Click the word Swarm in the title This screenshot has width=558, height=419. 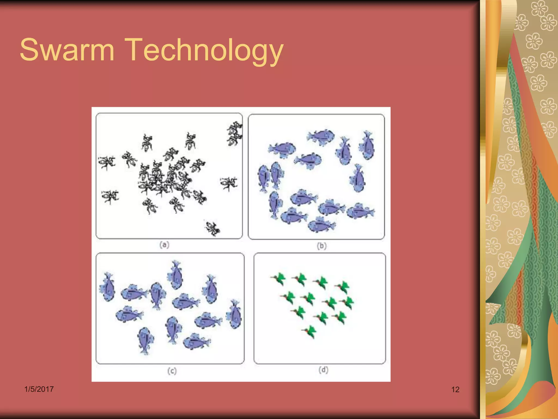pyautogui.click(x=67, y=50)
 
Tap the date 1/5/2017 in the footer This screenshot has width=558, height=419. pyautogui.click(x=39, y=389)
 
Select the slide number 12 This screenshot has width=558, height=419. pyautogui.click(x=455, y=390)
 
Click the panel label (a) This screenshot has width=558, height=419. pyautogui.click(x=164, y=245)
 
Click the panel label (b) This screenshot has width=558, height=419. pyautogui.click(x=322, y=246)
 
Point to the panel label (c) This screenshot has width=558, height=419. pyautogui.click(x=172, y=371)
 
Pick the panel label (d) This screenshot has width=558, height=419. pyautogui.click(x=323, y=370)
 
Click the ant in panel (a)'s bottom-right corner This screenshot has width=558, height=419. pyautogui.click(x=213, y=228)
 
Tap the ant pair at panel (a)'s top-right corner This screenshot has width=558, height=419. pyautogui.click(x=234, y=134)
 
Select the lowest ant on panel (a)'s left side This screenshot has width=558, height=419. pyautogui.click(x=110, y=196)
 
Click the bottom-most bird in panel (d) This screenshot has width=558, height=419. pyautogui.click(x=310, y=331)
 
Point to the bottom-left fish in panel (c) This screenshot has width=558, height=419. pyautogui.click(x=145, y=340)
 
